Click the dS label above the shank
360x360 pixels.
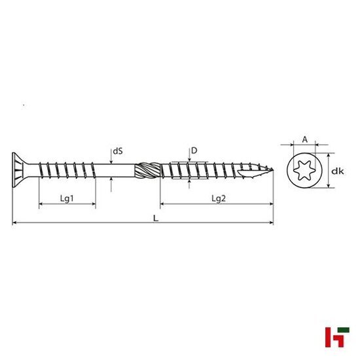(x=118, y=151)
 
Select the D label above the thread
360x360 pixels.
(x=194, y=151)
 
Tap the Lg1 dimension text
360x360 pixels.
(x=67, y=198)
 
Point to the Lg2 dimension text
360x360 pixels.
(x=219, y=198)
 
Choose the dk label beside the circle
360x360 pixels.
(x=337, y=171)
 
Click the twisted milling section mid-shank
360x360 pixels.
(x=148, y=173)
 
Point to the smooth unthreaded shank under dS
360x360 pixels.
(x=115, y=172)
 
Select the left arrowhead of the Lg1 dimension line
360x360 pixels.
(x=41, y=205)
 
